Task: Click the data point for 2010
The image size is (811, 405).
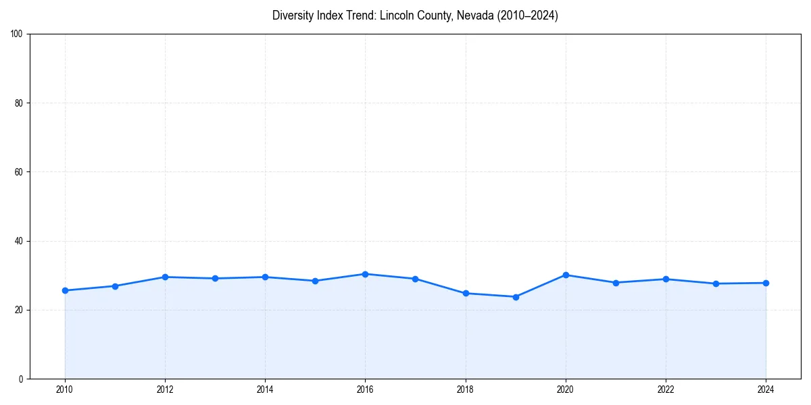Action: click(65, 290)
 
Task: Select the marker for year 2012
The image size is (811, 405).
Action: click(165, 277)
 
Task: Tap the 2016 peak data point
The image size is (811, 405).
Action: click(365, 274)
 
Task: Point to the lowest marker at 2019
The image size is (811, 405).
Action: click(516, 296)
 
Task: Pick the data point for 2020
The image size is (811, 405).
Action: click(566, 275)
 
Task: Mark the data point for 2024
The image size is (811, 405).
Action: click(766, 283)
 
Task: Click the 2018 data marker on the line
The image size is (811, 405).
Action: click(466, 293)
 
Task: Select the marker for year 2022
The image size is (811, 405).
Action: click(666, 279)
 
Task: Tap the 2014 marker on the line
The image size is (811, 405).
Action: click(265, 277)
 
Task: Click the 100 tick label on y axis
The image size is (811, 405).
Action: click(17, 34)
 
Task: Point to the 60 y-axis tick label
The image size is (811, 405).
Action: click(19, 172)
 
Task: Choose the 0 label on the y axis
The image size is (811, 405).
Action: click(21, 379)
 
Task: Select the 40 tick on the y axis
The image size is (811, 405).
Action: click(19, 241)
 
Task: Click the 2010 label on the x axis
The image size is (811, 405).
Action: click(65, 389)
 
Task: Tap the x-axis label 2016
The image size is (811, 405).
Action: click(365, 389)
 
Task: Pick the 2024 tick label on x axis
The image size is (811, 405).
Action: click(766, 389)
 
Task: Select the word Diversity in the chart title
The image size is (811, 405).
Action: click(294, 16)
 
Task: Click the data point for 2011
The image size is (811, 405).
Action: click(115, 286)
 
